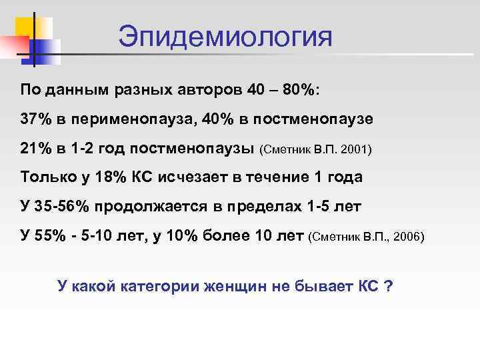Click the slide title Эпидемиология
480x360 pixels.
point(225,37)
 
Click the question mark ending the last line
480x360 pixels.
point(388,287)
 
